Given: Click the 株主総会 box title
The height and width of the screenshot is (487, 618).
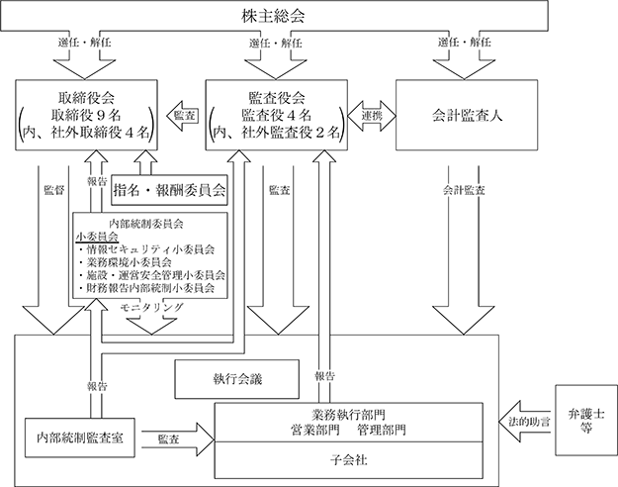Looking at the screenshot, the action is point(273,16).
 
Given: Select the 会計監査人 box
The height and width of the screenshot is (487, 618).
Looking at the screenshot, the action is point(467,115).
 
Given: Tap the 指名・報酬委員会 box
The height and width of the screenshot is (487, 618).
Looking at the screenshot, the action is point(169,190).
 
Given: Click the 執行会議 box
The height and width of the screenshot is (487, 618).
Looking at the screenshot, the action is point(237,379).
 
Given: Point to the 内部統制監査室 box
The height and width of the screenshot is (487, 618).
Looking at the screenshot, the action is point(80,438).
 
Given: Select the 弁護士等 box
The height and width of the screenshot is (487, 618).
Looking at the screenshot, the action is point(586,421).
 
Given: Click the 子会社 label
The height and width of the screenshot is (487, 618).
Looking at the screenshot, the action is point(349,460).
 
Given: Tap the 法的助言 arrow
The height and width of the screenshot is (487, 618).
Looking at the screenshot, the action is point(524,422).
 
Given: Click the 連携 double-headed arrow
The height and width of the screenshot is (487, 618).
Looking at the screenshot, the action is point(372,116).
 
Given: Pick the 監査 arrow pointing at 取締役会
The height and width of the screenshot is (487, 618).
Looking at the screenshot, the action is point(181,116).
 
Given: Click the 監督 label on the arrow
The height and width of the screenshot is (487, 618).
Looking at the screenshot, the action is point(54,190).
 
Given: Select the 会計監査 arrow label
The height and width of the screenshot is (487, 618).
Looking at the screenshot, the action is point(464,190).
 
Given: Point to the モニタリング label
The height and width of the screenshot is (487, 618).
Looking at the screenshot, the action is point(152,307).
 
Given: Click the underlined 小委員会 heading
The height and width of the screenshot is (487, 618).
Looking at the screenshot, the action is point(97,237).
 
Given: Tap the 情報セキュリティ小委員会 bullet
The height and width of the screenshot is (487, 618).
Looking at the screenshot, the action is point(146,249).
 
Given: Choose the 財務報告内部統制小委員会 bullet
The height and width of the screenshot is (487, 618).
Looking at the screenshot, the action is point(146,288).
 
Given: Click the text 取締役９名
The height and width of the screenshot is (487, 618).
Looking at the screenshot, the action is point(86,115).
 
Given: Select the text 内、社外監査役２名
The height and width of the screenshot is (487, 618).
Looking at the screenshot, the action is point(277,133).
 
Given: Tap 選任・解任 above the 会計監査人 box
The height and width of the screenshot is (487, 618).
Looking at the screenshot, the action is point(465,43).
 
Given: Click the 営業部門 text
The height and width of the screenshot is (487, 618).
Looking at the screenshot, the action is point(315,430).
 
